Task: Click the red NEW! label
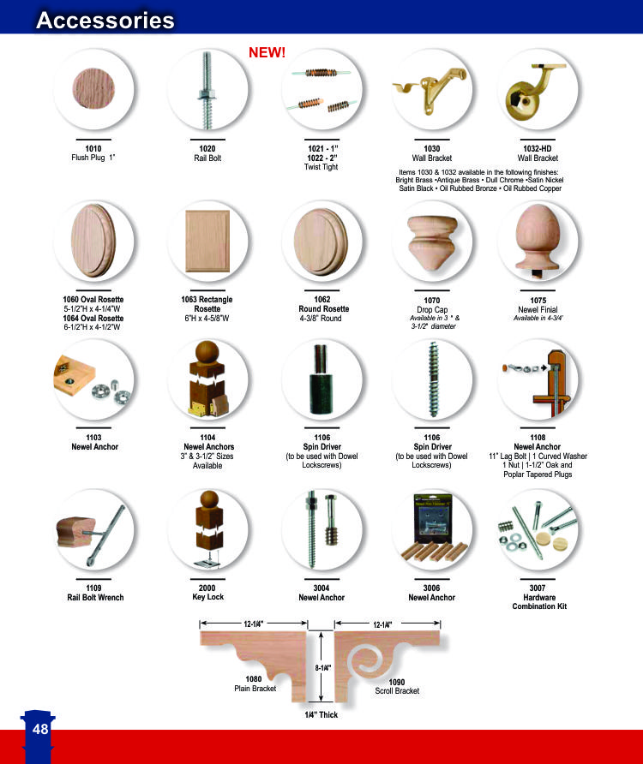pos(267,52)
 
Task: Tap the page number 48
pos(40,729)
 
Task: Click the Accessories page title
pos(105,20)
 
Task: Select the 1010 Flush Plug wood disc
pos(93,89)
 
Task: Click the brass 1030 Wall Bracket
pos(430,87)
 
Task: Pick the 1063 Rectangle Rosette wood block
pos(207,242)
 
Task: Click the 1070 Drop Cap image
pos(432,242)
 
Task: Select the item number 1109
pos(93,588)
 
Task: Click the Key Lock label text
pos(207,597)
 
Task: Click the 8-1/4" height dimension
pos(322,667)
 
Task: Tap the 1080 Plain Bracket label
pos(255,683)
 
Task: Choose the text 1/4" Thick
pos(321,715)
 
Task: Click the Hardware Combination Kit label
pos(539,602)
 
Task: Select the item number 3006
pos(432,588)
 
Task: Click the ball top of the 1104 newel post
pos(207,351)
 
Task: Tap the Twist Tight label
pos(321,167)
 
